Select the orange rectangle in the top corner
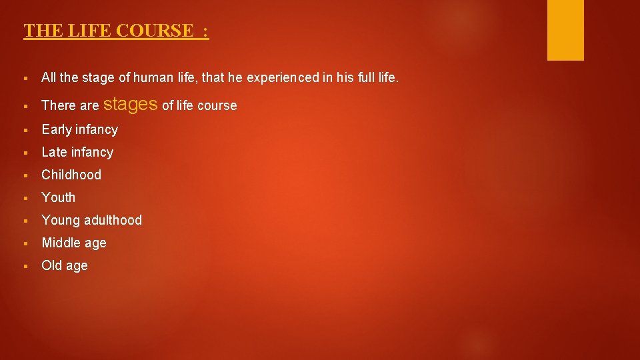pyautogui.click(x=565, y=30)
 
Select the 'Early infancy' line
pyautogui.click(x=79, y=129)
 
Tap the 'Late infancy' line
pyautogui.click(x=77, y=152)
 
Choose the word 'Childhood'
pyautogui.click(x=71, y=175)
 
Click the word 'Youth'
pyautogui.click(x=59, y=197)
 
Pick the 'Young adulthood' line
pyautogui.click(x=91, y=220)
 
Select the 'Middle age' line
pyautogui.click(x=74, y=243)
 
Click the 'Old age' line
pyautogui.click(x=65, y=265)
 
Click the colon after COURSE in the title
pyautogui.click(x=205, y=31)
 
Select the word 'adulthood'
pyautogui.click(x=113, y=220)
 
